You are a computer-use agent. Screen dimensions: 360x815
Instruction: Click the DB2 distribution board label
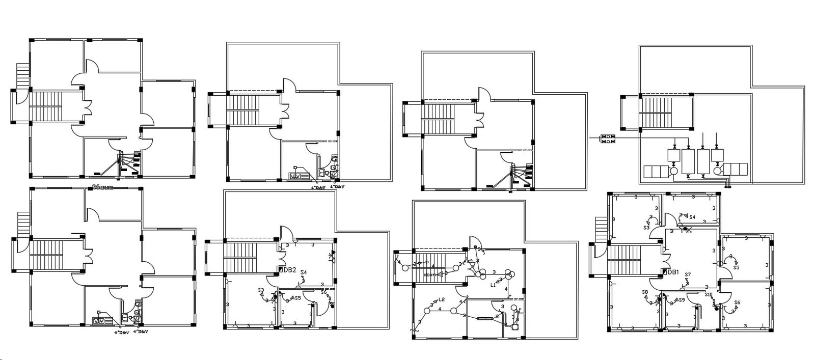pos(289,269)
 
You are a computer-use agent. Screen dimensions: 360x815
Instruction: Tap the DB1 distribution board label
pos(673,272)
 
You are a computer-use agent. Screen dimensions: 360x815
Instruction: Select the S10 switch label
pos(709,295)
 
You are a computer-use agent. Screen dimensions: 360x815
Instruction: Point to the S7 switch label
pos(688,275)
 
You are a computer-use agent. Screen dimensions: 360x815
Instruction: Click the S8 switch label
pos(645,292)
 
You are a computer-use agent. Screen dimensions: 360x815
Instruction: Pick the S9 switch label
pos(681,300)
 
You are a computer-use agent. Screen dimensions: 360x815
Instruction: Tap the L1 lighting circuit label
pos(493,285)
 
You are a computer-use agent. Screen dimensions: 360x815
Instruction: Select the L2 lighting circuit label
pos(441,299)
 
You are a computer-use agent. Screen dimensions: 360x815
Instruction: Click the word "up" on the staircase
pos(426,263)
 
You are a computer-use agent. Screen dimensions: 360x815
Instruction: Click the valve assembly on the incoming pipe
pos(608,138)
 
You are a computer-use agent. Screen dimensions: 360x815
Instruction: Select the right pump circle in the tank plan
pos(718,171)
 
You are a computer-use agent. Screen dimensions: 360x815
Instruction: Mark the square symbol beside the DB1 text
pos(664,272)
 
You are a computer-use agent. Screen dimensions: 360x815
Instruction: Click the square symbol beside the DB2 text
pos(280,269)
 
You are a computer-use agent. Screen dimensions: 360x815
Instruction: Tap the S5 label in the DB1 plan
pos(736,267)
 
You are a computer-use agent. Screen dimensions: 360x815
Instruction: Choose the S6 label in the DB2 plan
pos(323,292)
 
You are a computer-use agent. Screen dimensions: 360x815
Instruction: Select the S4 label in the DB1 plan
pos(692,217)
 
